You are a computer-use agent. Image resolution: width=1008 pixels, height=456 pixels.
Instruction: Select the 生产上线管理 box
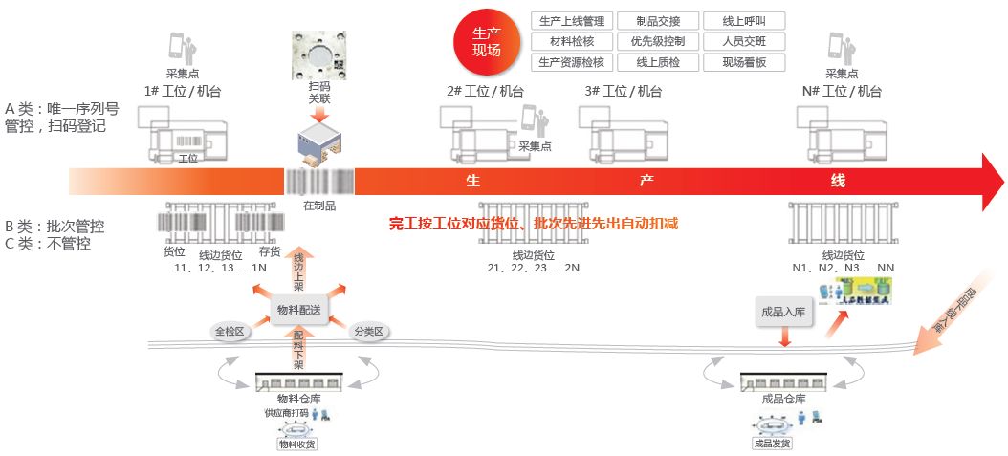coord(571,20)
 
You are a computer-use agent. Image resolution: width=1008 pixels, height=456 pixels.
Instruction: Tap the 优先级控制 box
coord(657,41)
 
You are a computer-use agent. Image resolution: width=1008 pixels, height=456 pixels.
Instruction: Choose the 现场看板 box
coord(743,62)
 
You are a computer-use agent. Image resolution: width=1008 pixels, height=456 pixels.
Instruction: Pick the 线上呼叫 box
coord(743,20)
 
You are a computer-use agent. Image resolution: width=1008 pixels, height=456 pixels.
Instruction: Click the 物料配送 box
coord(299,310)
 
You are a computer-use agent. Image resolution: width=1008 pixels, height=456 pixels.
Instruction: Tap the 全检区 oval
coord(230,331)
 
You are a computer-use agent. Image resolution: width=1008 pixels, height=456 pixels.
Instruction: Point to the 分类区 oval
coord(368,331)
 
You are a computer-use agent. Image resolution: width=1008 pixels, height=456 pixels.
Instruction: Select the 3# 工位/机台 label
coord(623,91)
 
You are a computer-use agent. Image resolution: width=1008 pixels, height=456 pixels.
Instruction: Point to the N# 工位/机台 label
coord(842,91)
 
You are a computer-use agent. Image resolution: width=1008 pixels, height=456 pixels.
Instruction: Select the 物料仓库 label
coord(299,398)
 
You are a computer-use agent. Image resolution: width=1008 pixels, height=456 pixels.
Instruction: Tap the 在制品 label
coord(318,205)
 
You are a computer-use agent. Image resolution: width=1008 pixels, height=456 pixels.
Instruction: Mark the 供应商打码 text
coord(287,414)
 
